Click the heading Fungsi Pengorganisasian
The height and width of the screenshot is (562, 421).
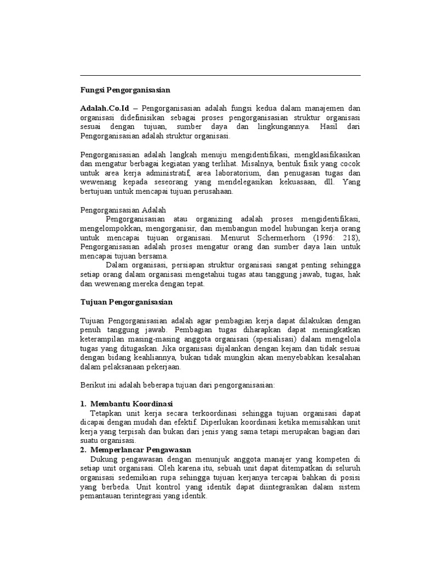click(126, 89)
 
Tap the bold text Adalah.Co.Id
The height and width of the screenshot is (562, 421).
click(105, 108)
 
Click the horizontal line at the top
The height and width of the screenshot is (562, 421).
click(220, 76)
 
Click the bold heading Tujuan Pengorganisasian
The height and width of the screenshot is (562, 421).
click(127, 302)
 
